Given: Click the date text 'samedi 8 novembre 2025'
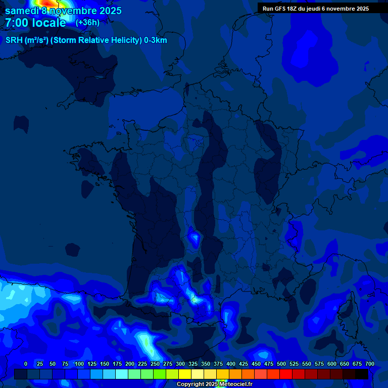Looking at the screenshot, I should (63, 11).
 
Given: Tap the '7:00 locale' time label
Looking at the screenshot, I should (35, 23).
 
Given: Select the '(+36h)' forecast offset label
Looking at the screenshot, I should (87, 23).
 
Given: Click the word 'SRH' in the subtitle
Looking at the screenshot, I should (14, 40).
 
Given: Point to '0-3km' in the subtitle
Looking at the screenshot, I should (156, 40).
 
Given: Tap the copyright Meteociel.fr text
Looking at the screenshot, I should (214, 384).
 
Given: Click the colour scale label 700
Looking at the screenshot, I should (369, 364).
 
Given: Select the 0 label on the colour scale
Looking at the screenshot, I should (26, 364).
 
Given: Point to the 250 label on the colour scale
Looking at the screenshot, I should (155, 364).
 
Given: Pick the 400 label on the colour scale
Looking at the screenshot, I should (231, 364).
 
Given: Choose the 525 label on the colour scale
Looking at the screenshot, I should (294, 364).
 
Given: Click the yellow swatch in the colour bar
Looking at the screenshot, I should (185, 374).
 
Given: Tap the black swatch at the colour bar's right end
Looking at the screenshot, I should (362, 374).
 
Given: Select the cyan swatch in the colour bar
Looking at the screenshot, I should (122, 374).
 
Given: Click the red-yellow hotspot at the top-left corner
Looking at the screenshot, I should (46, 4).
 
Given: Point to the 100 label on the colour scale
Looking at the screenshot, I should (79, 364).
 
